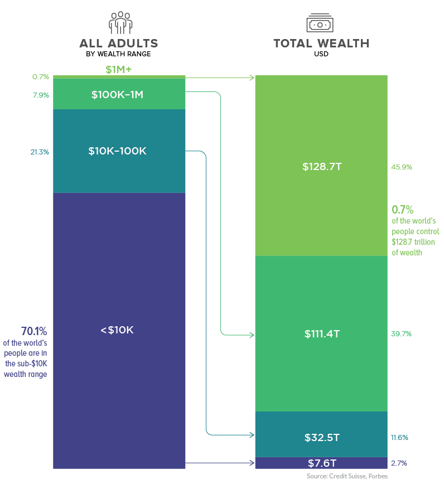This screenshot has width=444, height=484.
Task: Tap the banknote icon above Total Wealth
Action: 320,24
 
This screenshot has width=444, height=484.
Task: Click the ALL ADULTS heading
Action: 119,43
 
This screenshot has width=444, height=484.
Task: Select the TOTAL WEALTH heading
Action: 321,43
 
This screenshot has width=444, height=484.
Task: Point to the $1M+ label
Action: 118,70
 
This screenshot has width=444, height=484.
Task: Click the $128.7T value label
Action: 321,167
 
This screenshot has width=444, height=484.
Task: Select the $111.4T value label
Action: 322,334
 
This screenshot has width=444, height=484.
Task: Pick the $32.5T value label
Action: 322,438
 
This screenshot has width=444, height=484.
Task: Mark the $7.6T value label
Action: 321,463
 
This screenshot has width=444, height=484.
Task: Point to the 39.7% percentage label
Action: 402,334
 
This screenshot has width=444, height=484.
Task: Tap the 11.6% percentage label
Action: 399,438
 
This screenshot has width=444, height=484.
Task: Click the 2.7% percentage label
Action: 399,463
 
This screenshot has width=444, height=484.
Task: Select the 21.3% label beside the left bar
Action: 40,152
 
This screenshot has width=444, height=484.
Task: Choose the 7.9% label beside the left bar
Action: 41,95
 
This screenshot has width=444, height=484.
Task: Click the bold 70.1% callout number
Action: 34,330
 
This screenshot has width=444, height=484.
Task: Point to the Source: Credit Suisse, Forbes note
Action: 346,476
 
